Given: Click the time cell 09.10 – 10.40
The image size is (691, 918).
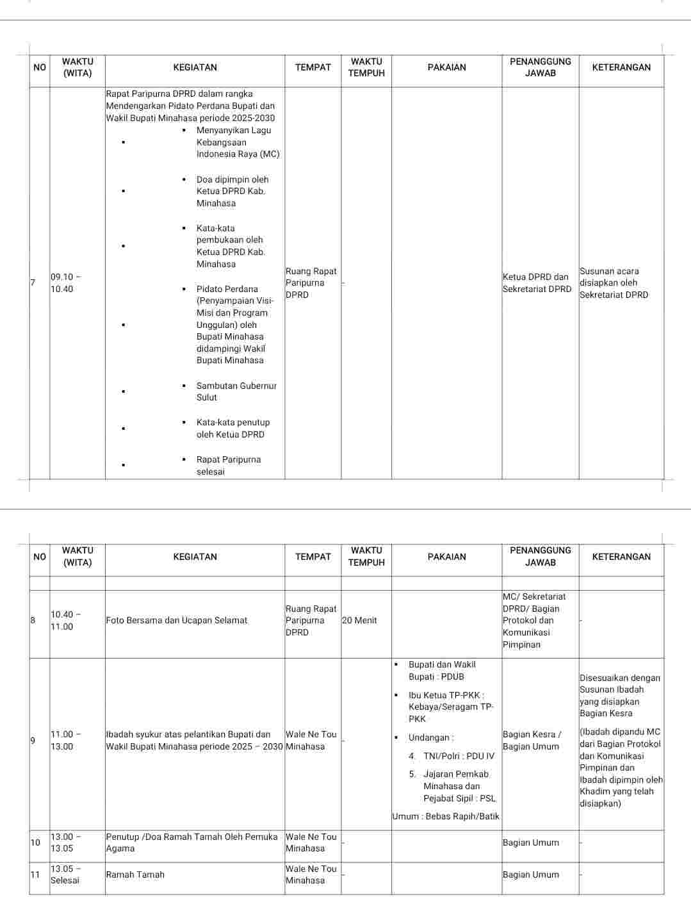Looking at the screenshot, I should [66, 283].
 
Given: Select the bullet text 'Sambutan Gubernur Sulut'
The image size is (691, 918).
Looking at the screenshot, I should [236, 391].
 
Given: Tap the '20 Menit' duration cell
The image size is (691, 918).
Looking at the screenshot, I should [359, 620].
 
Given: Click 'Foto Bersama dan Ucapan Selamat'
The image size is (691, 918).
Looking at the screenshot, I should [176, 620].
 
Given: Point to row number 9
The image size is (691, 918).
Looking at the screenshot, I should [33, 741].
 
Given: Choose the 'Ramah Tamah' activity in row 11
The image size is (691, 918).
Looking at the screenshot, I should [135, 874].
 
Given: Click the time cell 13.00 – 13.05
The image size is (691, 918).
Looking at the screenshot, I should [66, 842].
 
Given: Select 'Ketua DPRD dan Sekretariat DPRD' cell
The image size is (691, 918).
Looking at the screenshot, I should [537, 283].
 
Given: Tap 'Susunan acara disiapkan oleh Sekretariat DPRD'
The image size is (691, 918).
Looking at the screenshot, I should [614, 283].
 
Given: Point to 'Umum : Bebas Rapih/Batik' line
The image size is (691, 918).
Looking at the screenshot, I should [446, 816].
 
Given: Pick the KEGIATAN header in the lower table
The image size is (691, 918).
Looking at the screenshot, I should [195, 557].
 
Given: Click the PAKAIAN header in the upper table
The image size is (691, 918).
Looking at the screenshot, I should [446, 67].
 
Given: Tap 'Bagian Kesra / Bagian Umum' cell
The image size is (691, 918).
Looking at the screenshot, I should [532, 741].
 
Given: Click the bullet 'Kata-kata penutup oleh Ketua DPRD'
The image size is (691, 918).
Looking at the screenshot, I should [232, 429].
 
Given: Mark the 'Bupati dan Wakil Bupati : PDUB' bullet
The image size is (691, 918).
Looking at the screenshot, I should [441, 671].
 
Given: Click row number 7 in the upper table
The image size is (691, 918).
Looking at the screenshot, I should [33, 283].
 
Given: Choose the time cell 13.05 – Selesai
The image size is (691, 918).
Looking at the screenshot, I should [65, 874].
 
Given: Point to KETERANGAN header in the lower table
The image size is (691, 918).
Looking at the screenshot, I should [621, 557].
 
